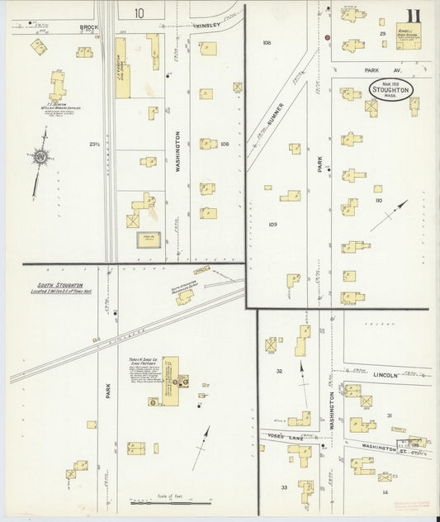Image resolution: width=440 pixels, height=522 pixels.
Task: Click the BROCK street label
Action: click(x=88, y=27)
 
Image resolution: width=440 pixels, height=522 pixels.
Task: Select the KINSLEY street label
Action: click(x=208, y=26)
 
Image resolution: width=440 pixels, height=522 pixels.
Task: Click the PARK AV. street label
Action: click(x=386, y=71)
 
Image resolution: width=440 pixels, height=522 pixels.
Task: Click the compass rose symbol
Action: click(x=39, y=156)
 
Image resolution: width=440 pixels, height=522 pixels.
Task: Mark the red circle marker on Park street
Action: click(x=327, y=38)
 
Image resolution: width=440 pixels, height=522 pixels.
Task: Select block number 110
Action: click(x=379, y=201)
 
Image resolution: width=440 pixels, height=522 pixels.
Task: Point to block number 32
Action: click(x=280, y=372)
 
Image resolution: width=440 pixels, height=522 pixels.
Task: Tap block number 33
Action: click(x=283, y=488)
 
